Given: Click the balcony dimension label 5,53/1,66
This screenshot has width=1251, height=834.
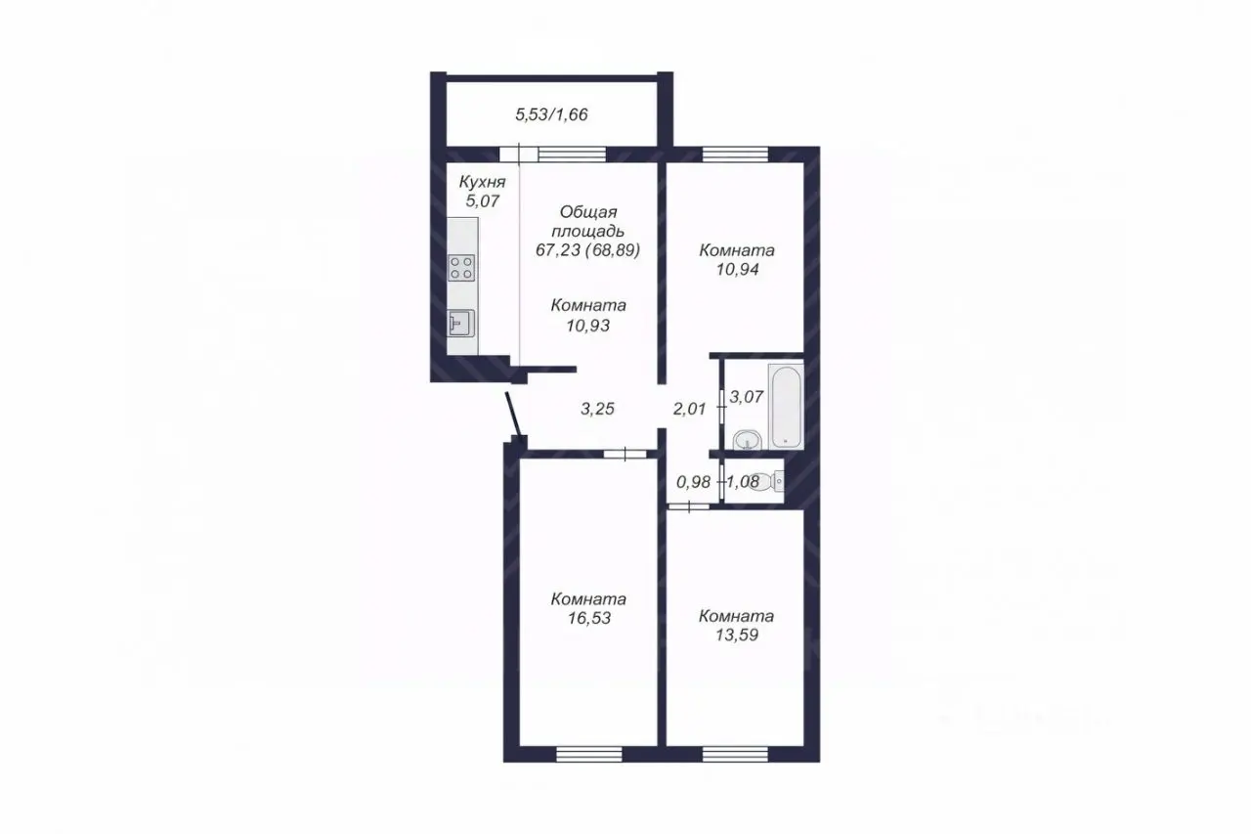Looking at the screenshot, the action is click(551, 114).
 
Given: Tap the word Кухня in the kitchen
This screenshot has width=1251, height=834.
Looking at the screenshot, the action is click(482, 182).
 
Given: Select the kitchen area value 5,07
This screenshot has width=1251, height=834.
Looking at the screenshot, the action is click(483, 200).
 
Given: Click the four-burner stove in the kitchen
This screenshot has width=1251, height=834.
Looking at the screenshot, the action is click(462, 268).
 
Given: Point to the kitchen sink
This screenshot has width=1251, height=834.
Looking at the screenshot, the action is click(461, 324).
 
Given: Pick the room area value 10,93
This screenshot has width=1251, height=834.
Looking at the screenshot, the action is click(588, 326).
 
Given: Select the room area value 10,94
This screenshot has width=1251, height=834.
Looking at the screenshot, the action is click(737, 269).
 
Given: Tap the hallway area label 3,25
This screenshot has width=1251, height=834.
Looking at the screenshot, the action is click(597, 409).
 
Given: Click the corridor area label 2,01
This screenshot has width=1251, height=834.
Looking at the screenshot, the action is click(690, 409).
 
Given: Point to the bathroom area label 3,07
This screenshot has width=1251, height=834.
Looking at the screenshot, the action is click(747, 397).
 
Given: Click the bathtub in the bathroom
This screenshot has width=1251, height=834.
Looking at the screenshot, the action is click(786, 406).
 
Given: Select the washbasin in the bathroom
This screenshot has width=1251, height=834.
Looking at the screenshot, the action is click(747, 440).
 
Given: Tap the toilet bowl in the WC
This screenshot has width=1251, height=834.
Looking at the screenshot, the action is click(768, 480).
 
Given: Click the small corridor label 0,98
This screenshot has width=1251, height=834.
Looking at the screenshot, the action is click(693, 481).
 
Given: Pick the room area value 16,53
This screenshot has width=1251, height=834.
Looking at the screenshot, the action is click(589, 618).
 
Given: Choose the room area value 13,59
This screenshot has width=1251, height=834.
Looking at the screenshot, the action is click(737, 635).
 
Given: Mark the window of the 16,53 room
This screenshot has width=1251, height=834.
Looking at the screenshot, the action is click(589, 754).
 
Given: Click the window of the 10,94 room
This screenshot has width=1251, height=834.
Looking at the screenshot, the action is click(735, 154).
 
